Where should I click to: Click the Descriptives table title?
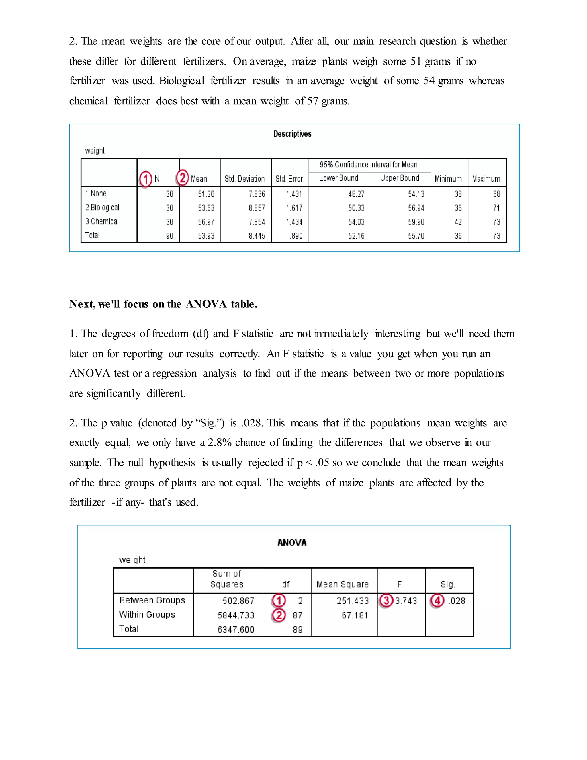(292, 134)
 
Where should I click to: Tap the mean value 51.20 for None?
(206, 194)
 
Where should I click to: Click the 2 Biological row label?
(102, 207)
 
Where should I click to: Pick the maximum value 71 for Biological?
(496, 208)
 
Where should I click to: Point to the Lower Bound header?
(338, 178)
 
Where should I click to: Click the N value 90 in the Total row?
(169, 236)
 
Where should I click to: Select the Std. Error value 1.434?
(294, 222)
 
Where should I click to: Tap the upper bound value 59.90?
(416, 222)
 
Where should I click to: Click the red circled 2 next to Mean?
(182, 178)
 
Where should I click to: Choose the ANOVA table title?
(292, 543)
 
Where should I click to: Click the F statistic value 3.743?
(406, 601)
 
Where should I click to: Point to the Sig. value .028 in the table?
(456, 601)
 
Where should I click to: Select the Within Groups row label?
(147, 615)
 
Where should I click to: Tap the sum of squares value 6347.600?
(236, 630)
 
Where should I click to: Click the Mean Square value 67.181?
(355, 615)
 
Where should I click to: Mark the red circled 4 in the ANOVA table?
(437, 601)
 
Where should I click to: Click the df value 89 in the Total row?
(297, 630)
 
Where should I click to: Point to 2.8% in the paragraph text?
(220, 443)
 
